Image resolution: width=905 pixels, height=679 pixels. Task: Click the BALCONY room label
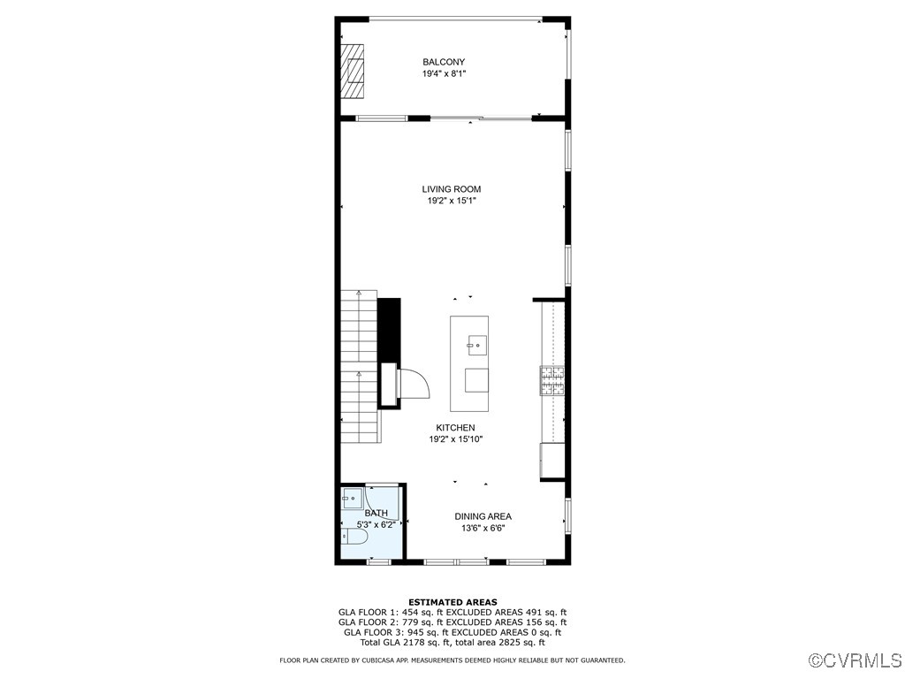pos(444,62)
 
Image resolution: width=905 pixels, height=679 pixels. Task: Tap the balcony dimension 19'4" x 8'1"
pos(444,74)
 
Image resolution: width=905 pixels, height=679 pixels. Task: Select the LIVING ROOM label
pos(451,189)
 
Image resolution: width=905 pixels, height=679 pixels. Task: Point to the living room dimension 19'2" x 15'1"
pos(452,202)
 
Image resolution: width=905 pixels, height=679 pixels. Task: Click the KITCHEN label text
pos(455,428)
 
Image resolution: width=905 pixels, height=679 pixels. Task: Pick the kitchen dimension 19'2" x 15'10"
pos(455,439)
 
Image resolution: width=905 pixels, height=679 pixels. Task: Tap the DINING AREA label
pos(483,516)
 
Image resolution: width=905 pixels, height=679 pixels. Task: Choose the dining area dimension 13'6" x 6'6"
pos(483,529)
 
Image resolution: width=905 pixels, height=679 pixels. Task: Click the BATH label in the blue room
pos(376,514)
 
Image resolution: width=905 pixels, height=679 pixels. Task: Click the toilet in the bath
pos(356,536)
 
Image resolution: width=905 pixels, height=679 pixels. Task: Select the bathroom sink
pos(351,496)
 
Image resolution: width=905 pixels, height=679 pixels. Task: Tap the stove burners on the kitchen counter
pos(553,380)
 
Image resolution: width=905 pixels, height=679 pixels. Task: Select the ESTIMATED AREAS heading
pos(452,602)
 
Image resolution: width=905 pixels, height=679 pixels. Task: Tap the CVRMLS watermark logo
pos(856,660)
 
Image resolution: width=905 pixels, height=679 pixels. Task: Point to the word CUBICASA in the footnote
pos(371,660)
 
